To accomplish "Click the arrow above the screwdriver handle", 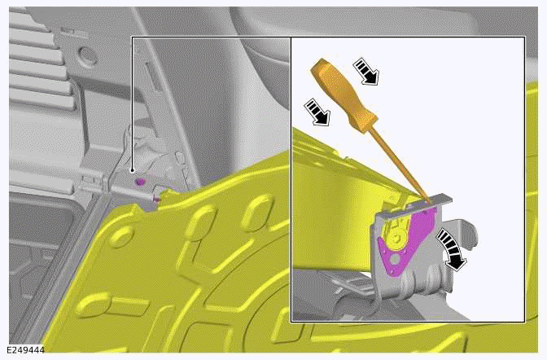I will pyautogui.click(x=367, y=71).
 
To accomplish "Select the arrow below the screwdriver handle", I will pyautogui.click(x=317, y=112).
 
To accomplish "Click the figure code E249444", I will pyautogui.click(x=24, y=350).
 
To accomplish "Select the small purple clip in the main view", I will pyautogui.click(x=140, y=181).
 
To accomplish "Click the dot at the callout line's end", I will pyautogui.click(x=132, y=170).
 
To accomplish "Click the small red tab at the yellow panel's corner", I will pyautogui.click(x=155, y=197).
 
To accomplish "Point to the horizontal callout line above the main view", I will pyautogui.click(x=212, y=37).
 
